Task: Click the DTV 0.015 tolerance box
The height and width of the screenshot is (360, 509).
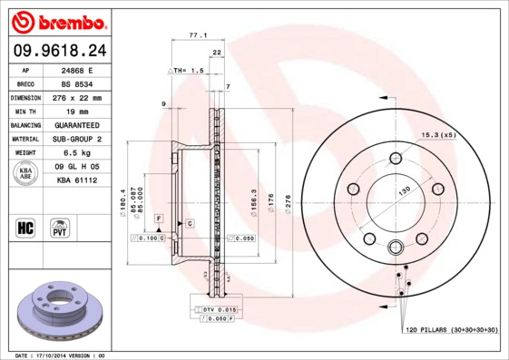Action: pos(214,310)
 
